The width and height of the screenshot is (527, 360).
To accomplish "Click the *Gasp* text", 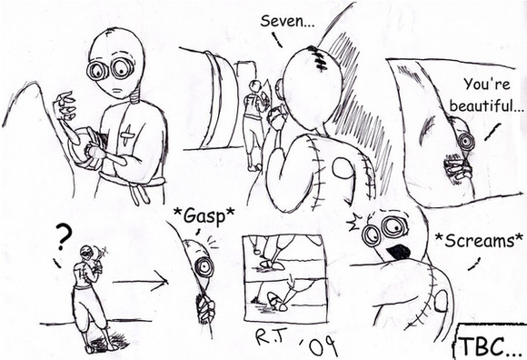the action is (204, 215).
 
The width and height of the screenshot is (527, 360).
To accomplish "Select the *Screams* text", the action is (479, 240).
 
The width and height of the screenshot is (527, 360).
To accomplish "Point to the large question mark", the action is (64, 237).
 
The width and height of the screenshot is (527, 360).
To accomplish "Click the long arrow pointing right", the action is (140, 282).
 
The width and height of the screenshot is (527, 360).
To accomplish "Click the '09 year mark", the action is (318, 346).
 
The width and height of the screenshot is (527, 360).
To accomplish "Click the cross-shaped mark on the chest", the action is (128, 135).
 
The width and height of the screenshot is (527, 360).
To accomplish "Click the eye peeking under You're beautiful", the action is (467, 142).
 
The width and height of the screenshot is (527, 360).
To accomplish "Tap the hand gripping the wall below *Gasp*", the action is (205, 309).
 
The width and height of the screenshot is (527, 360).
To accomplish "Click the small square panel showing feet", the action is (285, 278).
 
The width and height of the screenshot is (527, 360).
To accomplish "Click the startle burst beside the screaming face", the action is (354, 223).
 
